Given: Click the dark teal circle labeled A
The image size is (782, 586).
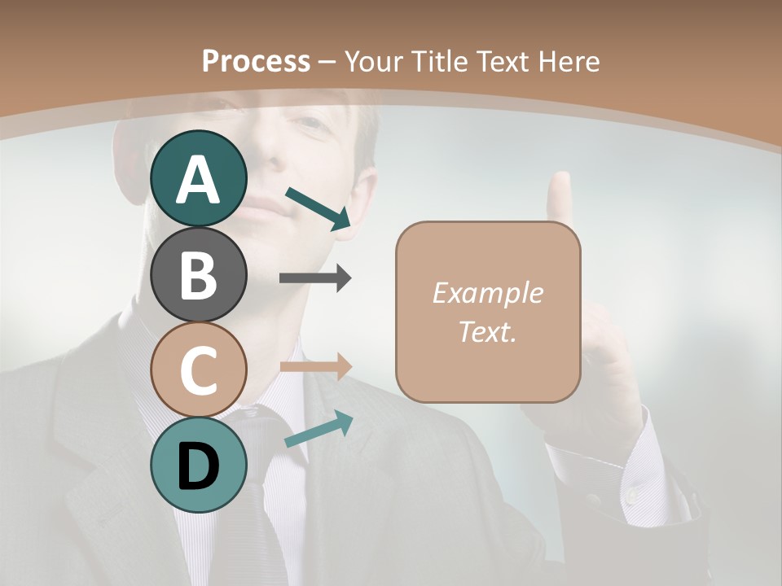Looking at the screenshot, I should coord(199,178).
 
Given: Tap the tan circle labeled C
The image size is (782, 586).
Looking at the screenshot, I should coord(199,370).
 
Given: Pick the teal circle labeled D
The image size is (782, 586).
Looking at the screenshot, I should coord(199,465).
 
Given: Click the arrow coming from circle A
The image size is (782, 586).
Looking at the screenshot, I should coord(319,208).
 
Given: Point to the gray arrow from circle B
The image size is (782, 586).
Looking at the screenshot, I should coord(315,278).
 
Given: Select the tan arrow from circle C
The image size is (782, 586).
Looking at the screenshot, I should coord(315,367).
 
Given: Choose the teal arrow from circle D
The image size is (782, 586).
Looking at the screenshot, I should coord(319,429).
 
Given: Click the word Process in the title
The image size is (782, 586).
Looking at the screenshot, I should coord(256,61).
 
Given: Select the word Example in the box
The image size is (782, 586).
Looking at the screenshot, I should coord(487,293).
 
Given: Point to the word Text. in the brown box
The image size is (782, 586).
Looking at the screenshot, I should coord(487,332).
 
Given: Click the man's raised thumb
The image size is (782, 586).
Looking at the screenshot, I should coord(559,195).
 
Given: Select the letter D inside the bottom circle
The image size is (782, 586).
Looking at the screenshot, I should coord(199,466).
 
